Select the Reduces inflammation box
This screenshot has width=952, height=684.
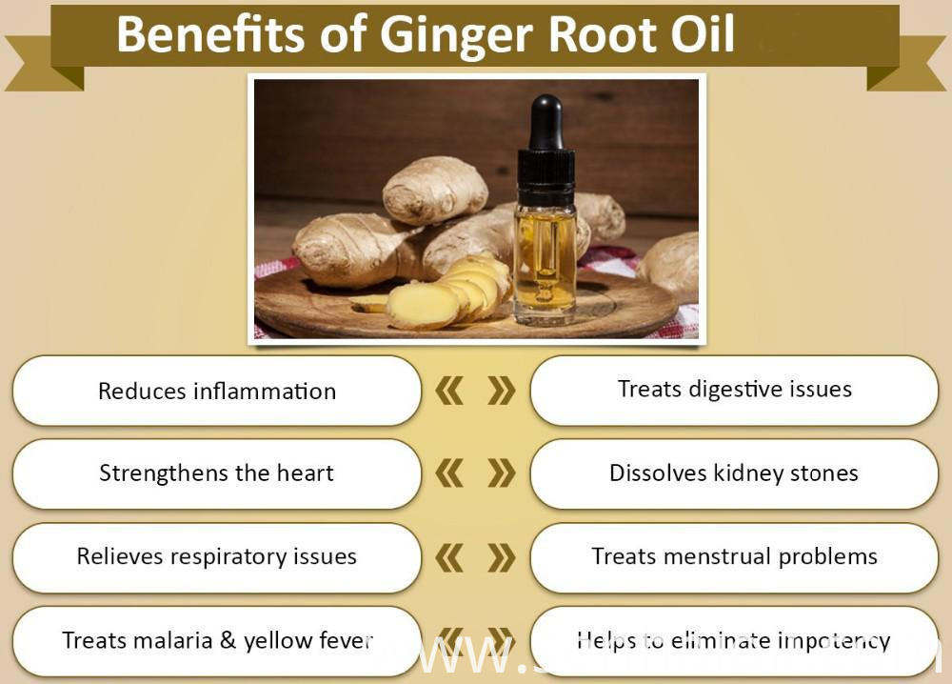pos(216,391)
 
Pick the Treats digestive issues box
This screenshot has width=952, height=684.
pos(734,389)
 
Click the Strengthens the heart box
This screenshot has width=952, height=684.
pos(216,473)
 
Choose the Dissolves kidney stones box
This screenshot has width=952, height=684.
pos(734,473)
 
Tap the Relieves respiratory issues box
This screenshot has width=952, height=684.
pos(216,556)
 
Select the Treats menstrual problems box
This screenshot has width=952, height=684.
pos(734,556)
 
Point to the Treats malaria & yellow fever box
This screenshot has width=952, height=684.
pos(216,640)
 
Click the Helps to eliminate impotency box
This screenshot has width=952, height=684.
pos(734,640)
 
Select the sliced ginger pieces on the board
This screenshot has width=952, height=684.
pos(447,295)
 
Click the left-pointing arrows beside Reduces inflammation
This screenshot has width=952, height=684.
pos(449,391)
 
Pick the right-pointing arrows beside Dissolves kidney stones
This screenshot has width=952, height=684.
pos(501,473)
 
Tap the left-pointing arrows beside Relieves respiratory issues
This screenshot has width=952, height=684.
pos(449,557)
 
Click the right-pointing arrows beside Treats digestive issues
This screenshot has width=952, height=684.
pos(501,391)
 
